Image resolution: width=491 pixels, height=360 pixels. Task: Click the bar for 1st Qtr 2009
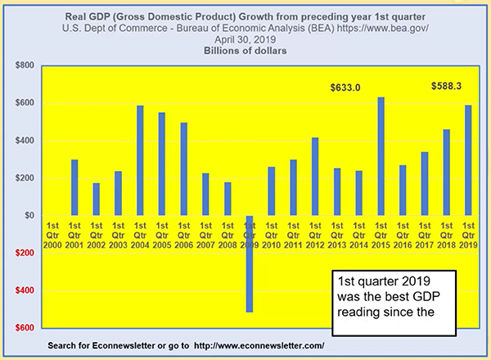(249, 263)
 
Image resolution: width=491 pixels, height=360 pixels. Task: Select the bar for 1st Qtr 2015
(381, 156)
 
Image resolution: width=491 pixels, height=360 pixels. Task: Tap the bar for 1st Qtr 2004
(140, 160)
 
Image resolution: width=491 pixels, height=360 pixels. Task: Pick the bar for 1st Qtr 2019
(468, 160)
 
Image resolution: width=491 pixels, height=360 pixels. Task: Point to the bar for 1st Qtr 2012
(315, 177)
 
